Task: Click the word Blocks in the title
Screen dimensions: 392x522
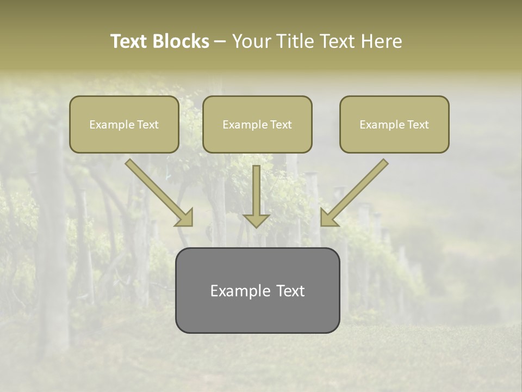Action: [x=182, y=41]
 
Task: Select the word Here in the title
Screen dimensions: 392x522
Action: [x=381, y=41]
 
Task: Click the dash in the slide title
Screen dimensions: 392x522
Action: [x=220, y=42]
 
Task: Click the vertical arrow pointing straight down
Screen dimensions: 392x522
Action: [x=256, y=191]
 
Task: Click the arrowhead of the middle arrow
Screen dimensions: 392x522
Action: [x=256, y=220]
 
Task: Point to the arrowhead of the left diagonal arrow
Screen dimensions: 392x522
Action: [x=185, y=218]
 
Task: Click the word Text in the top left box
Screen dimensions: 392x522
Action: [x=147, y=125]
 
